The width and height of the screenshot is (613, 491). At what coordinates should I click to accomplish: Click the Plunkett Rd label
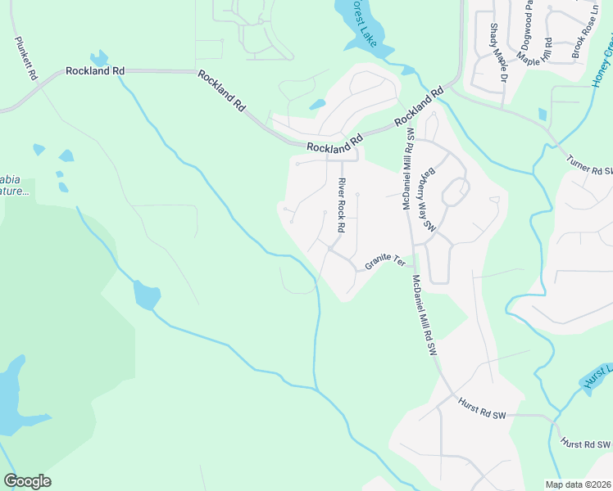click(x=24, y=58)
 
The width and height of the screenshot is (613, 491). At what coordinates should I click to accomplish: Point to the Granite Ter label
click(x=385, y=262)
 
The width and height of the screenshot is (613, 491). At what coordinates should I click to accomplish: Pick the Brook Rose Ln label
click(x=583, y=29)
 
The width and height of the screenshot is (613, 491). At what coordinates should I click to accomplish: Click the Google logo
click(x=27, y=481)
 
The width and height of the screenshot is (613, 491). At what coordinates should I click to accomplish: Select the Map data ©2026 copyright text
click(x=578, y=484)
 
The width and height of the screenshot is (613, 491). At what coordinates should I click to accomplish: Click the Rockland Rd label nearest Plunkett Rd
click(x=95, y=72)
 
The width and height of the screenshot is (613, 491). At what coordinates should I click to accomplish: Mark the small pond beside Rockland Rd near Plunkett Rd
click(x=99, y=58)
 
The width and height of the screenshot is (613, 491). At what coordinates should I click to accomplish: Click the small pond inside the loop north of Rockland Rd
click(x=316, y=105)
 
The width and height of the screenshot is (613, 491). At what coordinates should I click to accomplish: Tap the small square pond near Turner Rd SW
click(x=542, y=114)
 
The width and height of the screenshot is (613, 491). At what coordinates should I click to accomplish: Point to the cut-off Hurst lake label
click(x=596, y=372)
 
